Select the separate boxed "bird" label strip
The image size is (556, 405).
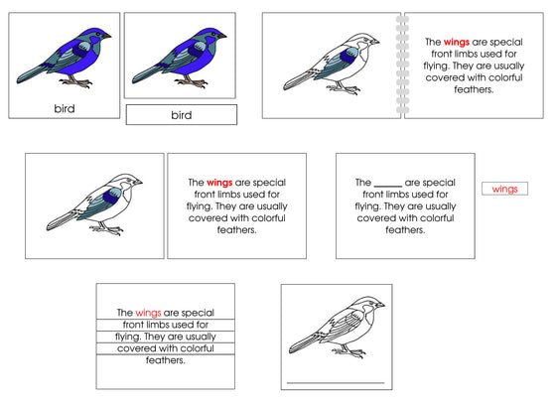pyautogui.click(x=181, y=115)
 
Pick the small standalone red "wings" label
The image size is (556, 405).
pyautogui.click(x=504, y=189)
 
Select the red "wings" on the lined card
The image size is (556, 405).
pyautogui.click(x=148, y=311)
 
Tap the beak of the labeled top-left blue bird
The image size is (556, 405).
pyautogui.click(x=107, y=37)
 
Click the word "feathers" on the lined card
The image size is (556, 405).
pyautogui.click(x=165, y=360)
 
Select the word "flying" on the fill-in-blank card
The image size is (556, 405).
pyautogui.click(x=372, y=206)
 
